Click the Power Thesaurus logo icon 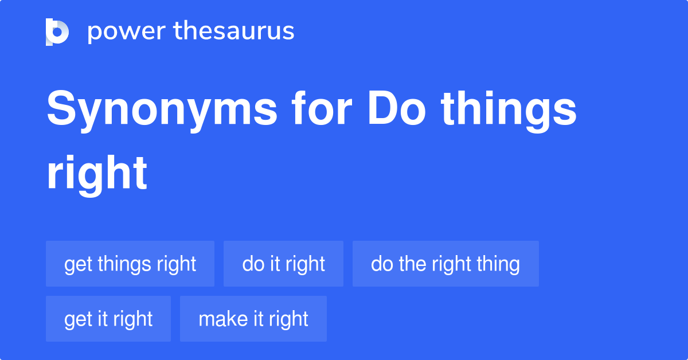point(57,32)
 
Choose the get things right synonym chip point(130,264)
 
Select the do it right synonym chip point(283,264)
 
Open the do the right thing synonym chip point(445,264)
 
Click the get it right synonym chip point(108,319)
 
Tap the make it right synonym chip point(253,319)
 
